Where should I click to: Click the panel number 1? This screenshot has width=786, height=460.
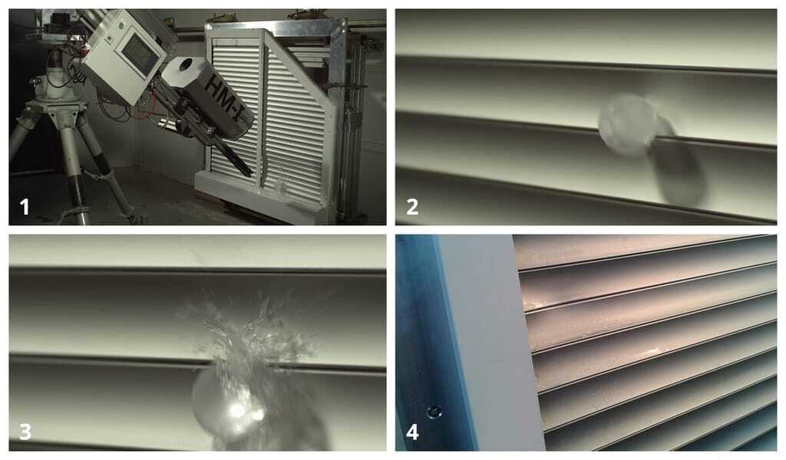(24, 207)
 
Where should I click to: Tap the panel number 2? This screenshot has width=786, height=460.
(412, 207)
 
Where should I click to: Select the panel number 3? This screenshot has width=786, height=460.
(25, 431)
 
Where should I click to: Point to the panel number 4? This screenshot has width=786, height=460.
(412, 432)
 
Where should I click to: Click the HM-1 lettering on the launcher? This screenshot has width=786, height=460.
(224, 99)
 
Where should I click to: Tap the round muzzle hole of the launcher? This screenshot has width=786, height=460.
(186, 64)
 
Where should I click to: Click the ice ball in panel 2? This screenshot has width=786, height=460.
(627, 125)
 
